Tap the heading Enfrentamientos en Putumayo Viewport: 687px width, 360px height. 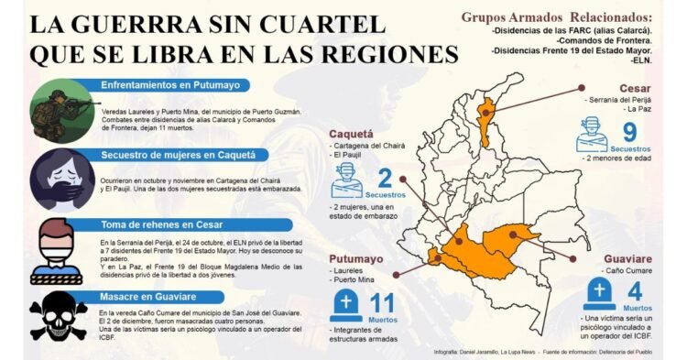(171, 85)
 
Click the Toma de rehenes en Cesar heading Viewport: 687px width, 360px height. (164, 224)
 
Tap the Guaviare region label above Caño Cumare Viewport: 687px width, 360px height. (627, 258)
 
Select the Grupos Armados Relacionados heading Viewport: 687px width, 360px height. (557, 16)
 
